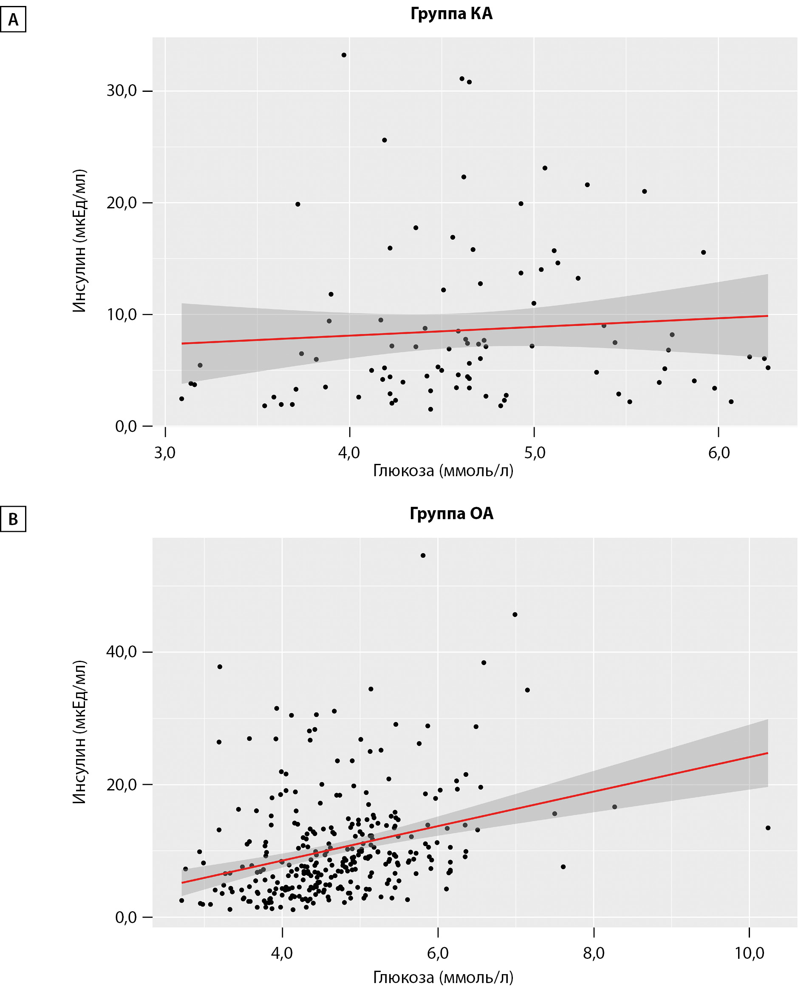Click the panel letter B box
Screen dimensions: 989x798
pyautogui.click(x=13, y=519)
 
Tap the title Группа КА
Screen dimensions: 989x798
pyautogui.click(x=451, y=14)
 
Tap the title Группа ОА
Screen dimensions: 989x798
pyautogui.click(x=451, y=513)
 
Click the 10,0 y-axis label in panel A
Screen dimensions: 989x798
pyautogui.click(x=122, y=315)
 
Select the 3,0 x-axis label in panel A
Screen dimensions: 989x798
pyautogui.click(x=164, y=453)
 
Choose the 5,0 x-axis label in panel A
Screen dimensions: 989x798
pyautogui.click(x=535, y=453)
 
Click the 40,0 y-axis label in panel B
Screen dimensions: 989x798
pyautogui.click(x=122, y=652)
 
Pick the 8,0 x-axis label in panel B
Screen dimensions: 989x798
pyautogui.click(x=594, y=953)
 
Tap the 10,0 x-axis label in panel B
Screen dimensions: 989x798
pyautogui.click(x=749, y=953)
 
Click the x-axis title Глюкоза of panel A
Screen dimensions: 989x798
pyautogui.click(x=443, y=471)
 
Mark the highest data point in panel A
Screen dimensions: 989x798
pyautogui.click(x=344, y=55)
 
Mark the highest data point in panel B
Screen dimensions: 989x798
pyautogui.click(x=423, y=556)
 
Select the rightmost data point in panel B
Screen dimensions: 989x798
pyautogui.click(x=768, y=828)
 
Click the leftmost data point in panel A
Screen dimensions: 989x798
pyautogui.click(x=181, y=398)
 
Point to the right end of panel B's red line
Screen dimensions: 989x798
pyautogui.click(x=768, y=753)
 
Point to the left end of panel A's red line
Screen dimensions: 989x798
pyautogui.click(x=182, y=344)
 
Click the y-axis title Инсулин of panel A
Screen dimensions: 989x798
pyautogui.click(x=79, y=241)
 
